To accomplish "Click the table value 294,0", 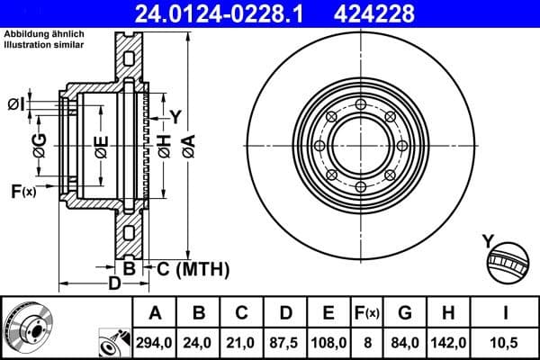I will click(154, 342).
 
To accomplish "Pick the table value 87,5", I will click(284, 342).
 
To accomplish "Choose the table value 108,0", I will click(328, 342).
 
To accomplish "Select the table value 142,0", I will click(449, 342).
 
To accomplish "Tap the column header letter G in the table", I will click(405, 312).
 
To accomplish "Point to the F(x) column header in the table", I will click(366, 312).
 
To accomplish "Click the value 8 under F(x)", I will click(366, 342).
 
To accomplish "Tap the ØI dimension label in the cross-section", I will click(15, 105).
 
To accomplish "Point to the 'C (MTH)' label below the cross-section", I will click(193, 268).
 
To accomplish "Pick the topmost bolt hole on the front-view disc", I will click(359, 106).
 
